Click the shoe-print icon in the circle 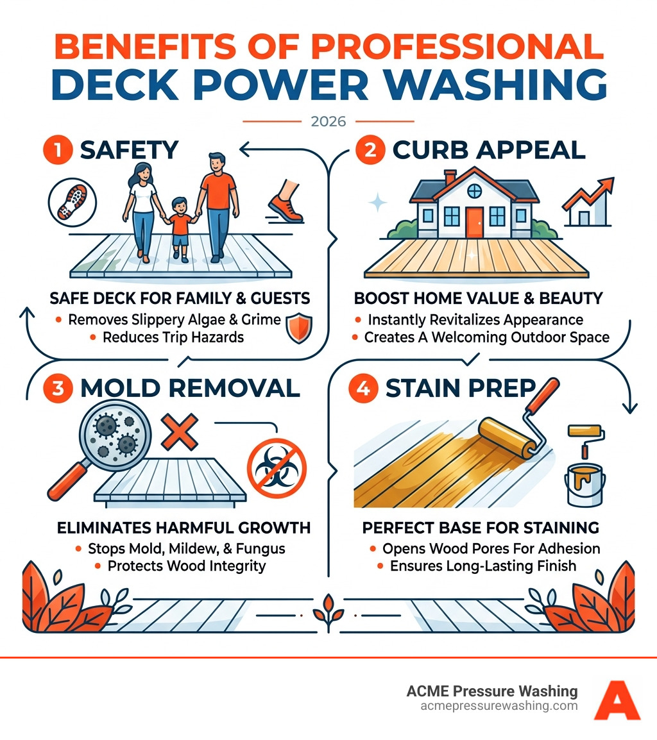67,198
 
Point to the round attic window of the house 474,190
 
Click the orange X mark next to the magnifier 178,432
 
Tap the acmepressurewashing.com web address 499,706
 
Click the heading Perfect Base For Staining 481,528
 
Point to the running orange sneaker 286,203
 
